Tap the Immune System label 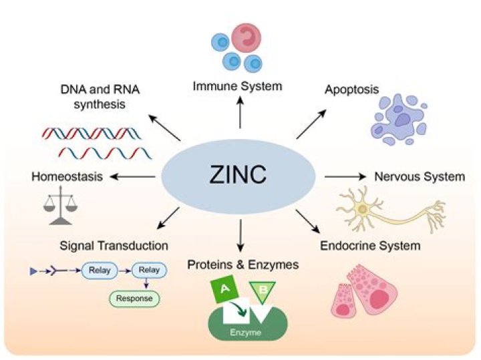(237, 86)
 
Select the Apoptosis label (351, 89)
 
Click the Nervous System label (419, 176)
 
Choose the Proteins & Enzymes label (243, 264)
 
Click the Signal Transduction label (114, 245)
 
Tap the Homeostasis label (67, 176)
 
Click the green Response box (134, 299)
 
